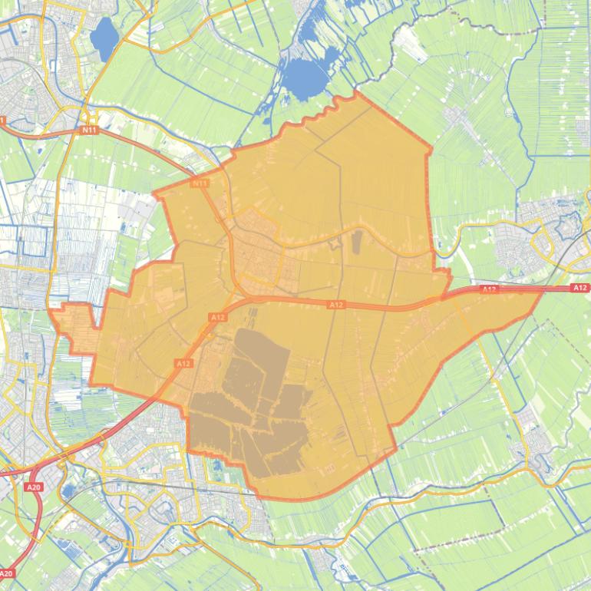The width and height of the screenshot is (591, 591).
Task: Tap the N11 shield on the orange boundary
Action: [200, 183]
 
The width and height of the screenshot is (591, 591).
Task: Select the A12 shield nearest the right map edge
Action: [580, 288]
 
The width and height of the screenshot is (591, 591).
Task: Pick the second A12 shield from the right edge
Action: [489, 289]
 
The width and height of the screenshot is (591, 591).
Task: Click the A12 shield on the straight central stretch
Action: [336, 305]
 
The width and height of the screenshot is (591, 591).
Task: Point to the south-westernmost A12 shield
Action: [183, 363]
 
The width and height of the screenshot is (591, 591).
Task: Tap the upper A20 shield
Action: [33, 487]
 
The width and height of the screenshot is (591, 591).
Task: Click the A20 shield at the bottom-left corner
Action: [7, 573]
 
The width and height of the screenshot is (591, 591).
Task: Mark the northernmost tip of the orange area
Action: [356, 93]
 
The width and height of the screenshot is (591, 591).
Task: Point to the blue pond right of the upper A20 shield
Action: [68, 490]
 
